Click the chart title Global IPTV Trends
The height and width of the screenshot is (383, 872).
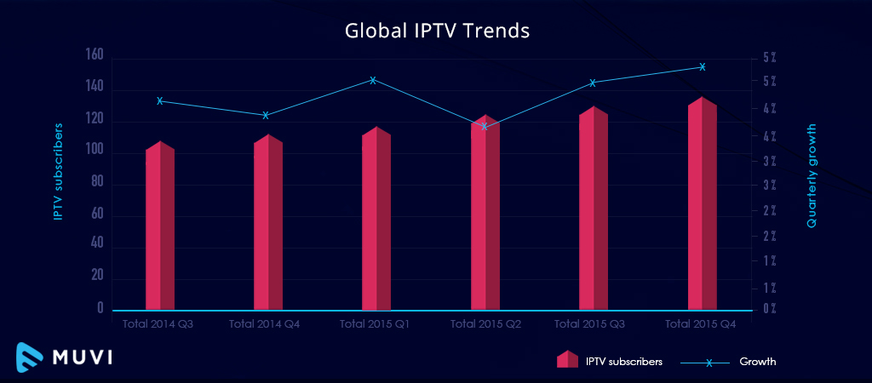tap(437, 31)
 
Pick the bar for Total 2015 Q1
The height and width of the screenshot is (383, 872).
tap(376, 221)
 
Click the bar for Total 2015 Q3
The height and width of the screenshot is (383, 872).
tap(594, 211)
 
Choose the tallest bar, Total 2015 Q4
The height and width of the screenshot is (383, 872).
tap(702, 206)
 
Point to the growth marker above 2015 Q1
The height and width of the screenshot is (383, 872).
tap(373, 80)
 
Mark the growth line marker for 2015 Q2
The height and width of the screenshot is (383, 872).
tap(485, 126)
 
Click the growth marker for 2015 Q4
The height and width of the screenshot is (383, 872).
tap(703, 66)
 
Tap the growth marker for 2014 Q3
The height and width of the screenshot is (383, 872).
tap(160, 100)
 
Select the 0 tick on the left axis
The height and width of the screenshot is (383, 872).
tap(100, 308)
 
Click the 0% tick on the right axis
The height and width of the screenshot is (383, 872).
tap(768, 308)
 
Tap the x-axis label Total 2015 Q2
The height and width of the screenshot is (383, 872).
tap(485, 324)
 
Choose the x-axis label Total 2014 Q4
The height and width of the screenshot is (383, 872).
tap(266, 324)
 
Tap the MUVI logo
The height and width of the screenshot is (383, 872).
tap(65, 356)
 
